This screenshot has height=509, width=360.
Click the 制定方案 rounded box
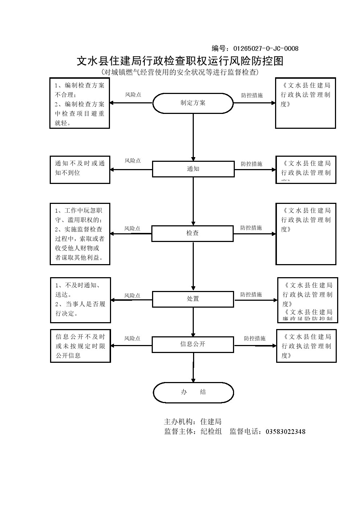coord(193,103)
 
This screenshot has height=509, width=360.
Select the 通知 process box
coord(193,169)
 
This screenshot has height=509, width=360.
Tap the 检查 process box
coord(192,233)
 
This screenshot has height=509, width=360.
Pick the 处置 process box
coord(193,299)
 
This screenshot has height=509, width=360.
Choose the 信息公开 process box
coord(192,344)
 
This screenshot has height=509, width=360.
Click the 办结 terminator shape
coord(193,392)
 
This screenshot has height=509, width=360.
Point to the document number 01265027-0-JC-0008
coord(266,49)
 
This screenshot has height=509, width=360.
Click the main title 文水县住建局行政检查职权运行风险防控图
coord(180,61)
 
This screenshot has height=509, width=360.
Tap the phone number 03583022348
coord(286,432)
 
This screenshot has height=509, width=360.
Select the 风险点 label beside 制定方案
coord(133,95)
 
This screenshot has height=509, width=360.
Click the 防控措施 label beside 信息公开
coord(254,338)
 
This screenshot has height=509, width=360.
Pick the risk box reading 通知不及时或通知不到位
coord(80,169)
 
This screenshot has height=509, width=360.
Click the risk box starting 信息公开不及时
coord(80,346)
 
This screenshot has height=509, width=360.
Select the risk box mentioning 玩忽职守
coord(80,234)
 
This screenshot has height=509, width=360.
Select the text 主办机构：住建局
coord(193,422)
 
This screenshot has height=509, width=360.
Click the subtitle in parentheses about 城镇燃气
coord(180,72)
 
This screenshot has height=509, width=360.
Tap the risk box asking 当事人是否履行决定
coord(80,300)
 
